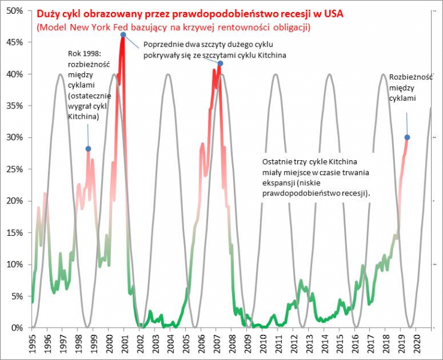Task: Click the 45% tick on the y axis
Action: coord(17,43)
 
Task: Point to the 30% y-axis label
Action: coord(17,137)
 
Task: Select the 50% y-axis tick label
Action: coord(17,11)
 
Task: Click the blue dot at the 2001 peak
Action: coord(123,35)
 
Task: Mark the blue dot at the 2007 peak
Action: coord(220,64)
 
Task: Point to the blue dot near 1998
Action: coord(88,149)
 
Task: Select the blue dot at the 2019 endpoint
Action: coord(407,137)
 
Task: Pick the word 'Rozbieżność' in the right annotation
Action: coord(409,77)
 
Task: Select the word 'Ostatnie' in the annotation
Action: coord(278,162)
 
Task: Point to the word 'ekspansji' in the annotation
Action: coord(279,183)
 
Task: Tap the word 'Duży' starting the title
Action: coord(46,13)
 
